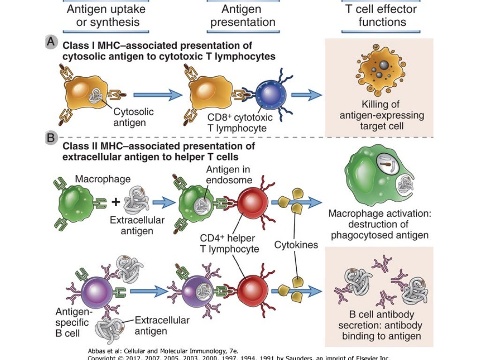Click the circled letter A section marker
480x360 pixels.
tap(51, 42)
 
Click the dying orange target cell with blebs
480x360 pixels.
tap(380, 70)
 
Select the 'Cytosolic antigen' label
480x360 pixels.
tap(133, 118)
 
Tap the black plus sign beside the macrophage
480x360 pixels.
tap(115, 202)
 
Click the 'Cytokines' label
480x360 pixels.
tap(296, 245)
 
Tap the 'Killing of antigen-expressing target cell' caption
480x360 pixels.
tap(380, 115)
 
